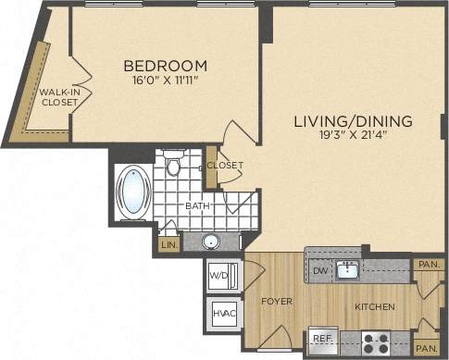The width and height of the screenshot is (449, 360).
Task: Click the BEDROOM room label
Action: [x=165, y=66]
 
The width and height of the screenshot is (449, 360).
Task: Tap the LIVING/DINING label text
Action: [x=353, y=122]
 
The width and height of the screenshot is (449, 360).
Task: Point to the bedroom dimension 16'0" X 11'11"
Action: [x=165, y=81]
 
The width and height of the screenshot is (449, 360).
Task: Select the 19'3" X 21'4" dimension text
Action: [x=353, y=137]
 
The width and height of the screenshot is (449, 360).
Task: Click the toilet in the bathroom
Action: [x=173, y=167]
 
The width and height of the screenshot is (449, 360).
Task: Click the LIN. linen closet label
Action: [x=169, y=245]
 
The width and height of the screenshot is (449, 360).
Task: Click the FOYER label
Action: [x=276, y=301]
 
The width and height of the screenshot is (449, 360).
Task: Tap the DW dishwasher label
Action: [x=318, y=270]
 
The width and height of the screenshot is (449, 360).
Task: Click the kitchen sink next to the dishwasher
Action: [x=348, y=269]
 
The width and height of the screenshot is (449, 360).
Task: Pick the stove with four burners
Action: [x=375, y=342]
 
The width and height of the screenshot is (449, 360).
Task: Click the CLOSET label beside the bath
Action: [x=225, y=166]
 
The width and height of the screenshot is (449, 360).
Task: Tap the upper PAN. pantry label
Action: [x=428, y=265]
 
